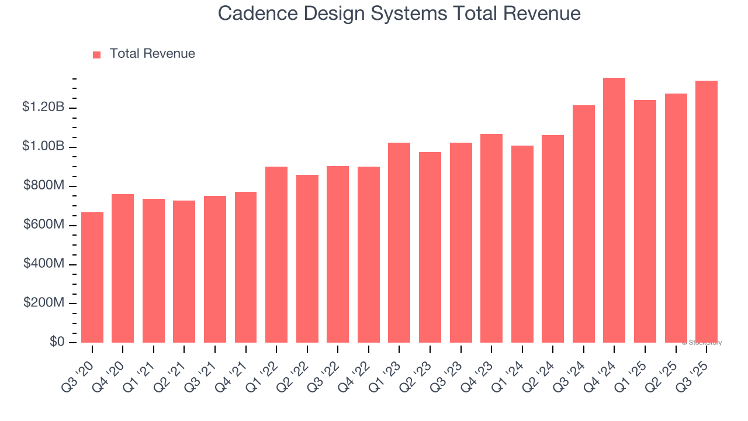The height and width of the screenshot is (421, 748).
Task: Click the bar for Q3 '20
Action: (x=92, y=277)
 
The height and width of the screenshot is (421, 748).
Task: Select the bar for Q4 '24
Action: (x=614, y=210)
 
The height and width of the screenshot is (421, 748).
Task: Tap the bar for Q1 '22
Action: (x=276, y=254)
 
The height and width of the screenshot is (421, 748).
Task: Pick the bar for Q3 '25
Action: (x=707, y=212)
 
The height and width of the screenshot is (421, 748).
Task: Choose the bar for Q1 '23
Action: (x=399, y=243)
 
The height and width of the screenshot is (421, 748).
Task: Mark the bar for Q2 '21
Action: (x=184, y=271)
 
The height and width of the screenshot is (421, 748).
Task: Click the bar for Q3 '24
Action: (x=584, y=224)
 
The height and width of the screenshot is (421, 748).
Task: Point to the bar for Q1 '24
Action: (x=522, y=244)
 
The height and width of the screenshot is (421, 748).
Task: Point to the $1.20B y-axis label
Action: (x=43, y=107)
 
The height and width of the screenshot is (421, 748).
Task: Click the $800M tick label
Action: (x=44, y=186)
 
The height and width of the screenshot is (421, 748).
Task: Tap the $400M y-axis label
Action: (x=44, y=264)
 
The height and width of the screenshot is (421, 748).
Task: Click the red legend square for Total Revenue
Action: (x=97, y=54)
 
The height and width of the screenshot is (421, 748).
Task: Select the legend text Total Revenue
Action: (x=152, y=54)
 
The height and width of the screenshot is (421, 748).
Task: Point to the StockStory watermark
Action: (x=702, y=343)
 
